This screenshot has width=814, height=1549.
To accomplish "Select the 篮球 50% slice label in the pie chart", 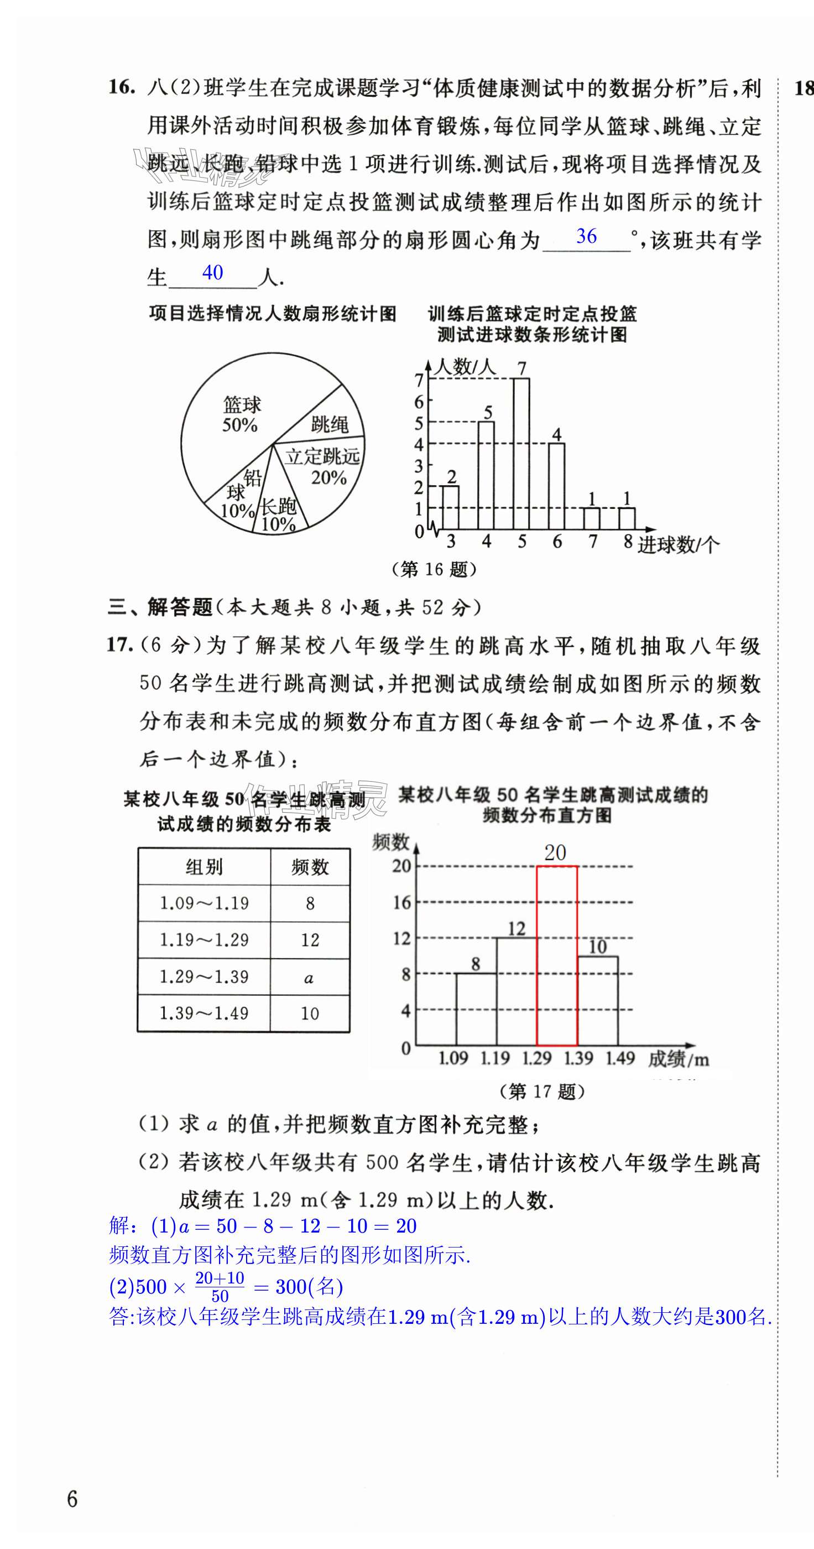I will pos(241,414).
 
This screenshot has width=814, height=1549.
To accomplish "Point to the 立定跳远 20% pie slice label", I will pos(323,466).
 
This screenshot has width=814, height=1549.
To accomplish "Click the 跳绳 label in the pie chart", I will pos(330,424).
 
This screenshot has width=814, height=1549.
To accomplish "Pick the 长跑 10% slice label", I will pos(278,514).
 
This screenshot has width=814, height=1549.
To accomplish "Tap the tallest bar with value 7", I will pos(521,454).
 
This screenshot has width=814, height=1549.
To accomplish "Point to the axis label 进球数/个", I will pos(677,545).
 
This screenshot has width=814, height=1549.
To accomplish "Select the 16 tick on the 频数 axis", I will pos(401,902).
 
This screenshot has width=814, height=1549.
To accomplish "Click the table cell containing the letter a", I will pos(309,977).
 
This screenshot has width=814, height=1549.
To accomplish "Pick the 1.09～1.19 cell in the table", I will pos(204,903).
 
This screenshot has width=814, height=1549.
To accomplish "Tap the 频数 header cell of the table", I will pos(310,866).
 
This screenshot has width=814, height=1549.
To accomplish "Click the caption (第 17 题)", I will pos(542,1091).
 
